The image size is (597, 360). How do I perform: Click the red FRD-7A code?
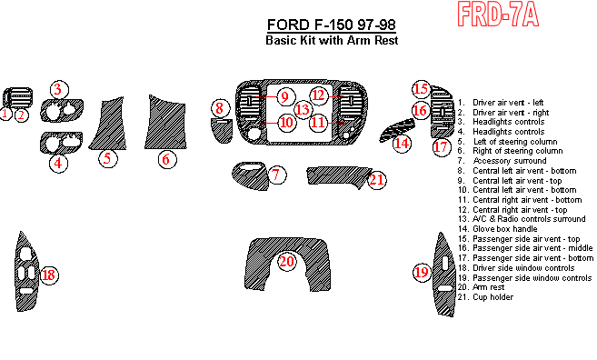[498, 15]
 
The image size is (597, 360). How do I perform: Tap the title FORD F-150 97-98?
[332, 25]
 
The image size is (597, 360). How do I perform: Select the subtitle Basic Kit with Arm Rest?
[332, 40]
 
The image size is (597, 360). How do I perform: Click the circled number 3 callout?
[59, 90]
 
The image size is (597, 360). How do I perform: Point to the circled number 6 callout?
[167, 159]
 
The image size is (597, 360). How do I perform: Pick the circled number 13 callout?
[303, 110]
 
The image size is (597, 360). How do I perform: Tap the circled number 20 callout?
[287, 262]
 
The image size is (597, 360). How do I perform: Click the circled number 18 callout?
[49, 275]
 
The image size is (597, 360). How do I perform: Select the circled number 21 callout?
[377, 180]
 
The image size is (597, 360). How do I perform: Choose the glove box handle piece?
[397, 130]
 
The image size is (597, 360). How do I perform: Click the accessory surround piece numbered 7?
[249, 175]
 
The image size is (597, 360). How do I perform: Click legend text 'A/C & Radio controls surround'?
[522, 219]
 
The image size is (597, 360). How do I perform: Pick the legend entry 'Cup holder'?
[485, 297]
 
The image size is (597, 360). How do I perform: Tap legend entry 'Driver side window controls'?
[516, 268]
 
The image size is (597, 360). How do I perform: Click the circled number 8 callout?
[221, 108]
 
